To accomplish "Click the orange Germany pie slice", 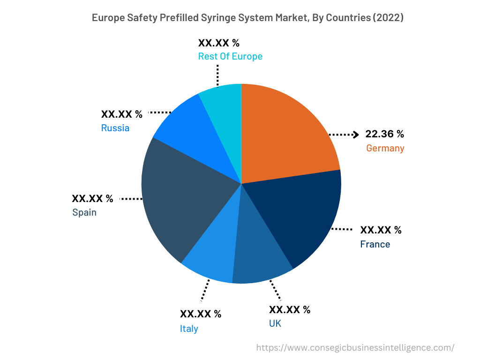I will (286, 136).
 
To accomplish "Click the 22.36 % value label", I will (384, 134).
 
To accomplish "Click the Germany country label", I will (385, 149).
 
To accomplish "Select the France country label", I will (375, 244).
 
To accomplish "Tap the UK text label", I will (275, 323).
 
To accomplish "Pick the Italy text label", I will (189, 329).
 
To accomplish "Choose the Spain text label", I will (84, 212).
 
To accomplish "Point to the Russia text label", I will (115, 128).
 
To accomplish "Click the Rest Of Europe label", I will (230, 56).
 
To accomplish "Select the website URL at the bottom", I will (355, 348).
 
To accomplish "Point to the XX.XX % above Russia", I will (121, 114).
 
